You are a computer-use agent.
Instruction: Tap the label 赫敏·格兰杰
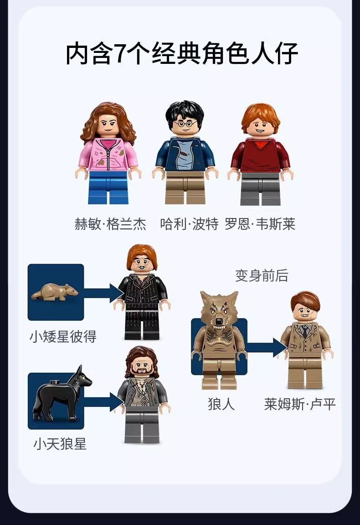tap(110, 224)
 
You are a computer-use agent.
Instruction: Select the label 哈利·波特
tap(189, 224)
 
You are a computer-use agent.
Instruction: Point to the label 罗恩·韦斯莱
tap(260, 224)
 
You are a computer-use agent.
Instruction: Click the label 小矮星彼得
tap(63, 337)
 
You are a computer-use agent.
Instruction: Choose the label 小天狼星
tap(60, 444)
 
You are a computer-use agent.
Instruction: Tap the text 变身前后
tap(262, 275)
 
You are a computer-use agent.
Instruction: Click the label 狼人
tap(221, 404)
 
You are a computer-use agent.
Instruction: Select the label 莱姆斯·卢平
tap(300, 404)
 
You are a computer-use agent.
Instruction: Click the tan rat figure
tap(55, 292)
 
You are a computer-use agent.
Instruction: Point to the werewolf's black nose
tap(219, 322)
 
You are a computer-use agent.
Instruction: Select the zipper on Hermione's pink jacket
tap(108, 155)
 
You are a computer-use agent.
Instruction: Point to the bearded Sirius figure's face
tap(142, 366)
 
